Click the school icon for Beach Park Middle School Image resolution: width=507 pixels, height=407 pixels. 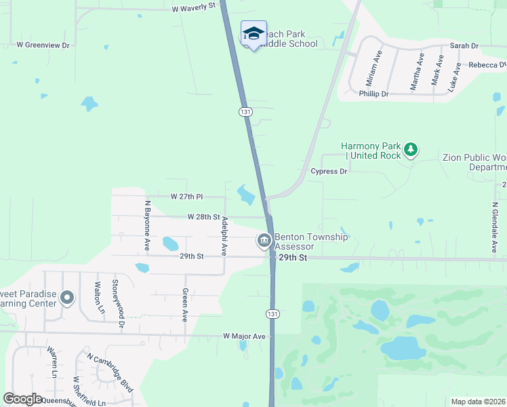pos(254,33)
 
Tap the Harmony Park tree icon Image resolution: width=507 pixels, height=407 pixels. pos(409,149)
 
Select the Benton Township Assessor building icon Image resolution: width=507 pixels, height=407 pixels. pos(264,240)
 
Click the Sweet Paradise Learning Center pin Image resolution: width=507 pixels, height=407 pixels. pos(66,298)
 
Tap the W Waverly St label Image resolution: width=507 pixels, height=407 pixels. pos(193,8)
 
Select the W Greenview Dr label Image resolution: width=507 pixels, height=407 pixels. pos(43,45)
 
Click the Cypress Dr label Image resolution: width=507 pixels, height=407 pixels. pos(329,172)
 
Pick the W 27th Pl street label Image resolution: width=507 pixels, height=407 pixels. pos(186,197)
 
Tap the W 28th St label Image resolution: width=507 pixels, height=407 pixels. pos(203,218)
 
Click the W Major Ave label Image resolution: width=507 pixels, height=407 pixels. pos(245,336)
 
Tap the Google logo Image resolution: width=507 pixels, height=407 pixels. pos(23,399)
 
